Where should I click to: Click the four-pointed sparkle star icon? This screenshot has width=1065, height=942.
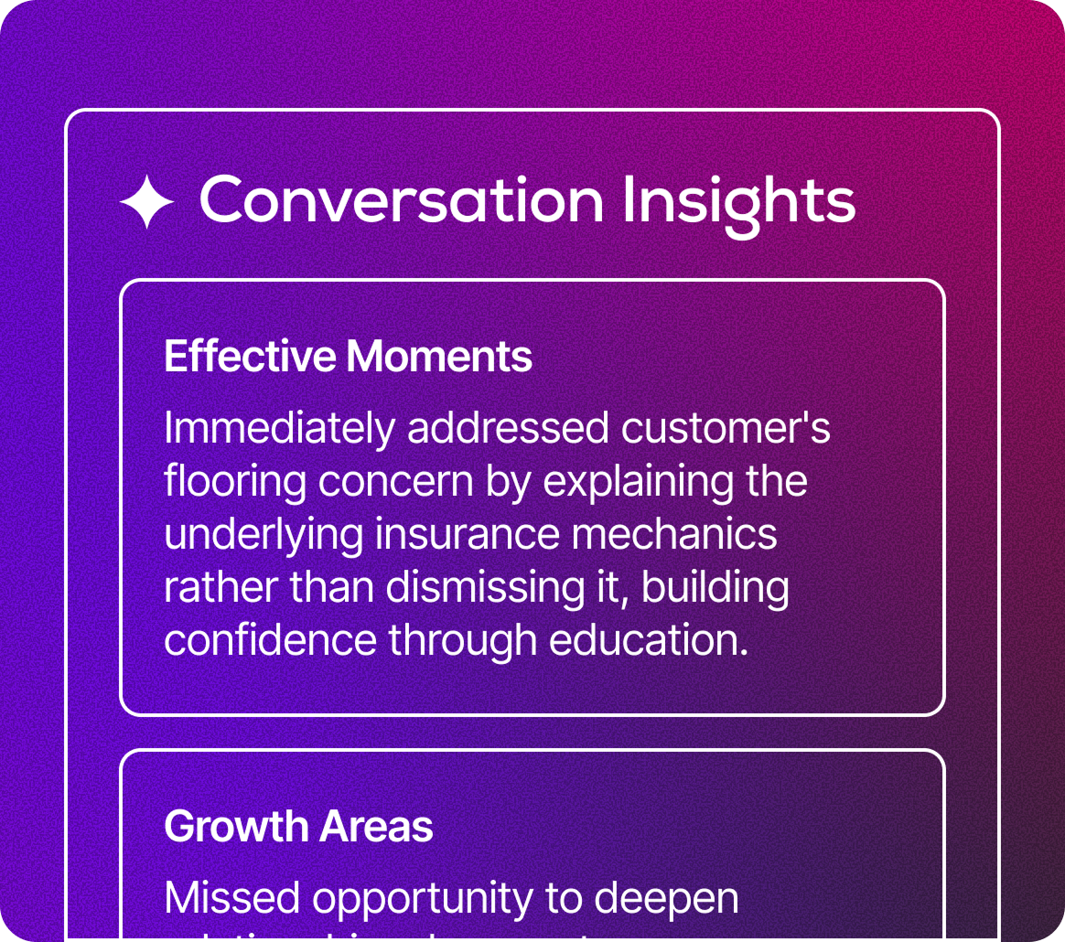[146, 202]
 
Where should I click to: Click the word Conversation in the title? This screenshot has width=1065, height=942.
[401, 200]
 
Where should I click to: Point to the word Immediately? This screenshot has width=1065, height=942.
[279, 429]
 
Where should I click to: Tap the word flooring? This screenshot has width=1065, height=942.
[235, 482]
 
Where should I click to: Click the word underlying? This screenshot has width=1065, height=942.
[264, 535]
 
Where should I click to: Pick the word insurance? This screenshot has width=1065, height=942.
[468, 534]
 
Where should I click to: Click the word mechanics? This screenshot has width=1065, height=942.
[674, 534]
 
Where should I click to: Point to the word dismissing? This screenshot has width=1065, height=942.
[479, 587]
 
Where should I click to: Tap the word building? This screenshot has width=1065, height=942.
[715, 587]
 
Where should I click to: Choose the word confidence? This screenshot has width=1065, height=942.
[270, 640]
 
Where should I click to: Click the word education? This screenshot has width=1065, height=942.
[649, 640]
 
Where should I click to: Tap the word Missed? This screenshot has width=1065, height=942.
[232, 898]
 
